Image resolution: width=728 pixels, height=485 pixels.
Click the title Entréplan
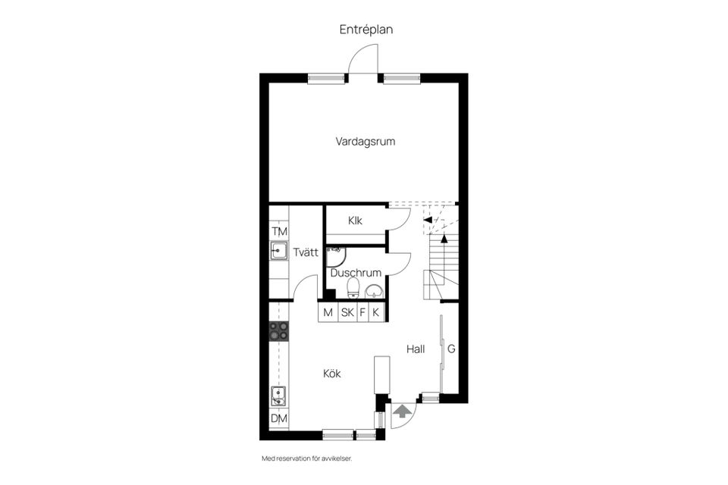click(x=366, y=30)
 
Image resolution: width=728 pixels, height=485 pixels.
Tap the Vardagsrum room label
click(x=366, y=141)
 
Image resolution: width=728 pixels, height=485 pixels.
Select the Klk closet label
click(x=355, y=221)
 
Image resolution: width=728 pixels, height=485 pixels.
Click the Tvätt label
click(x=306, y=253)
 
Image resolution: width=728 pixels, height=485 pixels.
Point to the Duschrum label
click(x=355, y=272)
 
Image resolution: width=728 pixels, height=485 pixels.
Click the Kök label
click(x=332, y=374)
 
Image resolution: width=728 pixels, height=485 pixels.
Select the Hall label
click(x=415, y=349)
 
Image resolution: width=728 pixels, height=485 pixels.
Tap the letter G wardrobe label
click(x=451, y=349)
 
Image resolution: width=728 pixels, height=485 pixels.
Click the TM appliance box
click(x=279, y=231)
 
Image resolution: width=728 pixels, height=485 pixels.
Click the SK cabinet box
click(x=347, y=312)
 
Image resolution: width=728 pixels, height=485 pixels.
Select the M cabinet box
click(x=328, y=312)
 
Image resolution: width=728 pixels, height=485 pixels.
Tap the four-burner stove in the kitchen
click(x=279, y=330)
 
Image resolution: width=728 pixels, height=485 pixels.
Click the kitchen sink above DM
click(x=279, y=396)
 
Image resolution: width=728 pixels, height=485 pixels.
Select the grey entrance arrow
click(x=402, y=411)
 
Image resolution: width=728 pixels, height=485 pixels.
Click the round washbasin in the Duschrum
click(x=373, y=290)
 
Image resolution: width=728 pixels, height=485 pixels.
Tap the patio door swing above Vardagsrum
click(x=362, y=59)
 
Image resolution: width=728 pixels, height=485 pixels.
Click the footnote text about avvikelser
click(x=307, y=458)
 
